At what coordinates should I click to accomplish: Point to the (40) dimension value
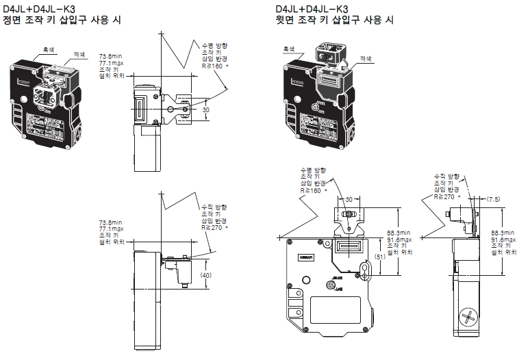click(x=205, y=274)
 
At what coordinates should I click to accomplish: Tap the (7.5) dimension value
click(x=493, y=199)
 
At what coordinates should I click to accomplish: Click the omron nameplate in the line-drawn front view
click(x=305, y=255)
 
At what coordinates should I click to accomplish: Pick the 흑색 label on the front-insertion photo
click(x=49, y=49)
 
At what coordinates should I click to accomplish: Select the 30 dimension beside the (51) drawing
click(x=349, y=199)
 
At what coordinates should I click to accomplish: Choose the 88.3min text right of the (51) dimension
click(x=399, y=232)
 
